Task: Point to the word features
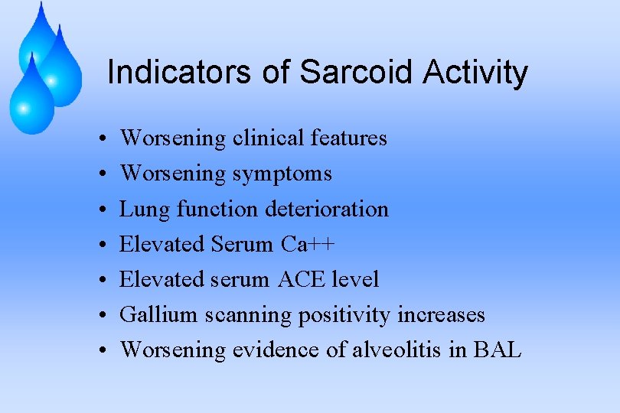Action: [349, 138]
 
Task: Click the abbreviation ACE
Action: [302, 279]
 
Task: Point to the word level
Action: [355, 279]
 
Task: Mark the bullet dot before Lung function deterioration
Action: [102, 210]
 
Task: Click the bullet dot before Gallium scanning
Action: [102, 315]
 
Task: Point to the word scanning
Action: [250, 314]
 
